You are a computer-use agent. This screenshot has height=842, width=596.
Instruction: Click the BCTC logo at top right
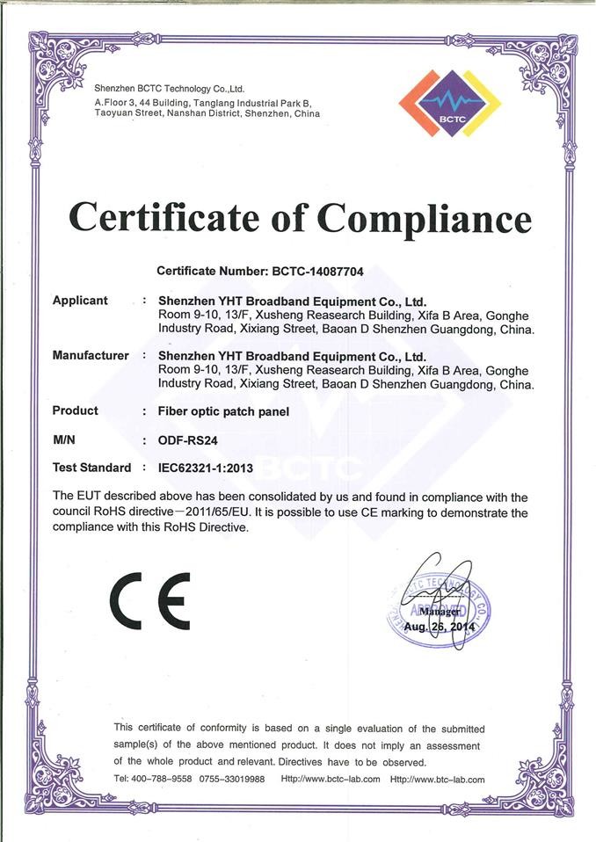pyautogui.click(x=449, y=103)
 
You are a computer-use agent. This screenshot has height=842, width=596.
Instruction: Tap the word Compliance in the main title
pyautogui.click(x=425, y=219)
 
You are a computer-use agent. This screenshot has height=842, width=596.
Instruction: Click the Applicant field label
pyautogui.click(x=80, y=301)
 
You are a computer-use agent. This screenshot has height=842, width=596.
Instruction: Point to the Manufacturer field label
pyautogui.click(x=91, y=356)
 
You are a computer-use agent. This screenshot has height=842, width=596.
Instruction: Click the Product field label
pyautogui.click(x=76, y=410)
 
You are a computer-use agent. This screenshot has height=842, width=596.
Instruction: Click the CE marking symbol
pyautogui.click(x=149, y=600)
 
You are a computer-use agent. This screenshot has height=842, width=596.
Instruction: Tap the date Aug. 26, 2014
pyautogui.click(x=439, y=628)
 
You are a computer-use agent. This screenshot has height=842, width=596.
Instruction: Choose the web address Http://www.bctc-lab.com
pyautogui.click(x=330, y=779)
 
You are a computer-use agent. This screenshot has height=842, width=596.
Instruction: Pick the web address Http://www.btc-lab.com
pyautogui.click(x=437, y=779)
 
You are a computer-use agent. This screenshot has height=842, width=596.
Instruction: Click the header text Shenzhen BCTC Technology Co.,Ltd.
pyautogui.click(x=169, y=89)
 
